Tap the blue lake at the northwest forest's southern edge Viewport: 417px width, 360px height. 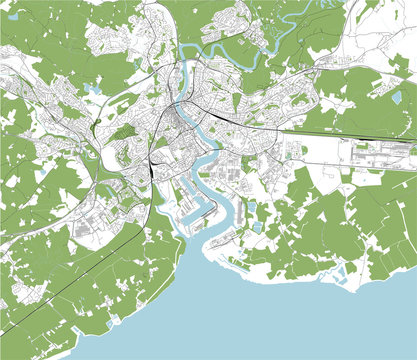pos(93,89)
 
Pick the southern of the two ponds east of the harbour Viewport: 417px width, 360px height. pos(257,226)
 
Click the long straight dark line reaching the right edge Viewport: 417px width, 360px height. pos(350,134)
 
